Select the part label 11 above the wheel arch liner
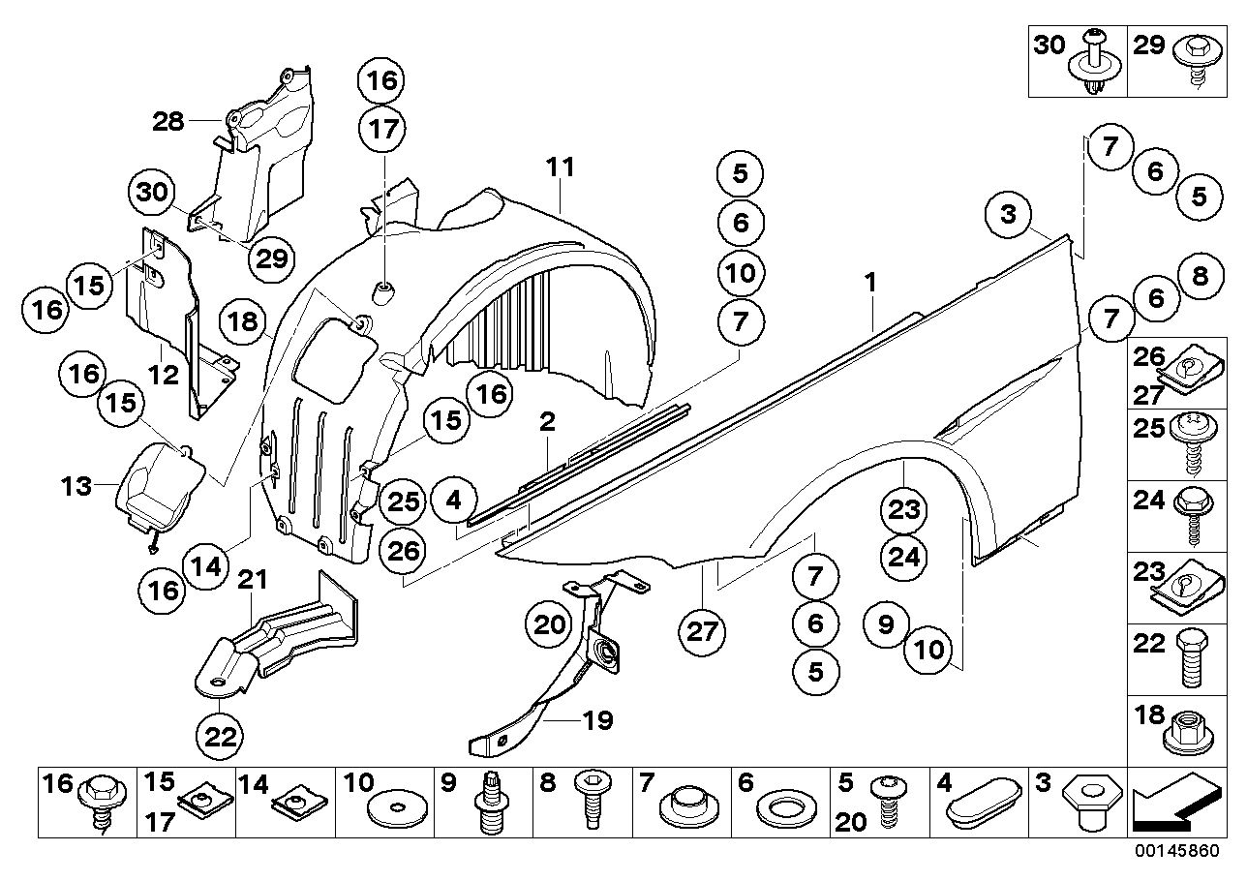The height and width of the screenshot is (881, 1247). click(x=560, y=167)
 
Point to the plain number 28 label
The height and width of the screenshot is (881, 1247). click(x=167, y=121)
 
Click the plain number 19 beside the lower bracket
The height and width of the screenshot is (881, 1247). click(x=597, y=721)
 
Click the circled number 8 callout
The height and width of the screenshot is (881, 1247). click(x=1200, y=277)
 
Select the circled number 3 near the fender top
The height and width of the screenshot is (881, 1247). click(x=1009, y=215)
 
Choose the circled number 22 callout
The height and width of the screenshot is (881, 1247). click(x=221, y=736)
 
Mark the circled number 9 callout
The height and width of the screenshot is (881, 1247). click(x=887, y=625)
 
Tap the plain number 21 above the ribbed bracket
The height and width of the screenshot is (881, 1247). click(x=252, y=581)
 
